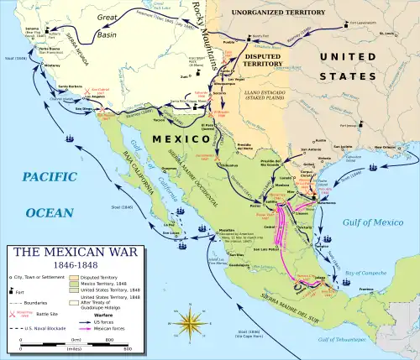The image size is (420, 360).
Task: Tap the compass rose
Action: tap(192, 323)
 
